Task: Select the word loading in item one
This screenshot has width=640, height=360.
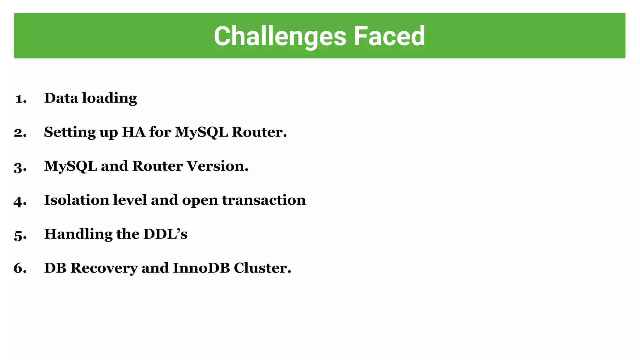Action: tap(109, 99)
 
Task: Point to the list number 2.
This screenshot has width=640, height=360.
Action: tap(20, 133)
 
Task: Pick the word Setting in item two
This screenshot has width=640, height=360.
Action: tap(70, 132)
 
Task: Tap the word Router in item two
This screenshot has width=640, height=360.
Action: tap(259, 132)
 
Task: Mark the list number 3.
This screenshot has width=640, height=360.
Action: tap(20, 167)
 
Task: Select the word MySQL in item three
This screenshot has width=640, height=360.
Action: tap(71, 166)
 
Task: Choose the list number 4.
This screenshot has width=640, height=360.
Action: tap(20, 201)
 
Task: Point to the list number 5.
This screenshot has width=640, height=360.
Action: tap(20, 235)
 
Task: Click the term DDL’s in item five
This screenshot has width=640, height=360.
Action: tap(165, 234)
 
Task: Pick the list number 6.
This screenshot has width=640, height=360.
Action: tap(20, 268)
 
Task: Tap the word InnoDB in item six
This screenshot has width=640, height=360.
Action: tap(201, 268)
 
